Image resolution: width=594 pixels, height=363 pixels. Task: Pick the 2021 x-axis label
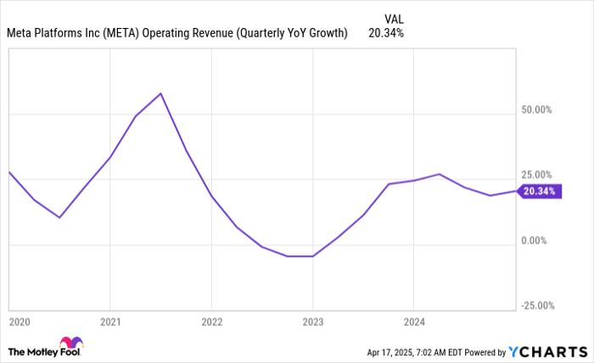click(110, 322)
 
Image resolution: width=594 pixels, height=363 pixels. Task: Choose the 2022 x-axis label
click(211, 322)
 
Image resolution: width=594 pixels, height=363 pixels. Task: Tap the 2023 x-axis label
click(312, 322)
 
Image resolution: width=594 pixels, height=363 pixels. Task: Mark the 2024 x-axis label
click(413, 322)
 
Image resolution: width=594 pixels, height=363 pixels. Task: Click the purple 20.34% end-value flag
click(540, 192)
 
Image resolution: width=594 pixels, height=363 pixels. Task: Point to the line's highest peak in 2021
click(161, 93)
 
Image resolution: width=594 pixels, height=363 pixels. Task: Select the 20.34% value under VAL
click(386, 34)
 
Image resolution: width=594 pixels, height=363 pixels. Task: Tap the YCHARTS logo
click(547, 351)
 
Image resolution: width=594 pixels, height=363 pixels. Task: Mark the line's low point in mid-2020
click(59, 218)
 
